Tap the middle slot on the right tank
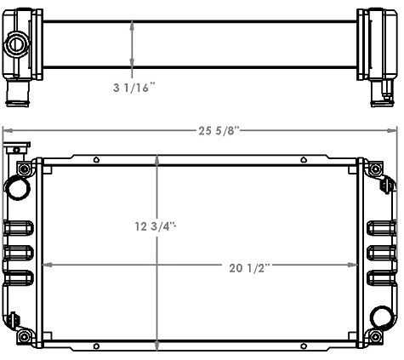[382, 253]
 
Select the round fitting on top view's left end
[16, 43]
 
